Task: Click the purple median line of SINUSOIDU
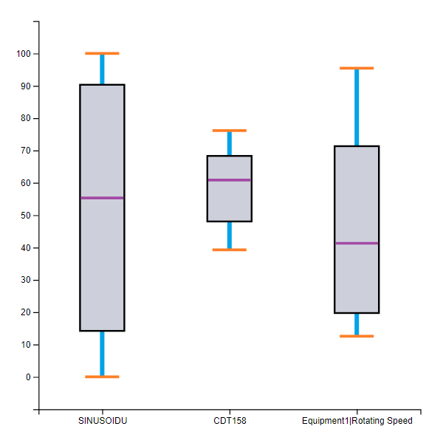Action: point(102,198)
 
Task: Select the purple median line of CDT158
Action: point(230,180)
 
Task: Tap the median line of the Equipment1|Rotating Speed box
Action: point(357,243)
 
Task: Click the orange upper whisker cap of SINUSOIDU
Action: point(102,53)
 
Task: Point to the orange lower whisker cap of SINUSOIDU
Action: point(102,377)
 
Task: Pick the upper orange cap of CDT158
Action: point(230,131)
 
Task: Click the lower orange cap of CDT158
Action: point(230,250)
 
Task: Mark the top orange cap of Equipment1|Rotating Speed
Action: point(357,68)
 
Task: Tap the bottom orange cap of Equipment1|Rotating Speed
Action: point(357,336)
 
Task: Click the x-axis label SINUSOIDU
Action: point(103,422)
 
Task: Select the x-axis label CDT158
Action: point(230,422)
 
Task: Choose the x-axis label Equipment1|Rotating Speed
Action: point(357,422)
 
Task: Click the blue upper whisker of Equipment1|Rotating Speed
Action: point(357,107)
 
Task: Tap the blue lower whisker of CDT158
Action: point(230,236)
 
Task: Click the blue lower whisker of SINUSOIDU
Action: point(102,354)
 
